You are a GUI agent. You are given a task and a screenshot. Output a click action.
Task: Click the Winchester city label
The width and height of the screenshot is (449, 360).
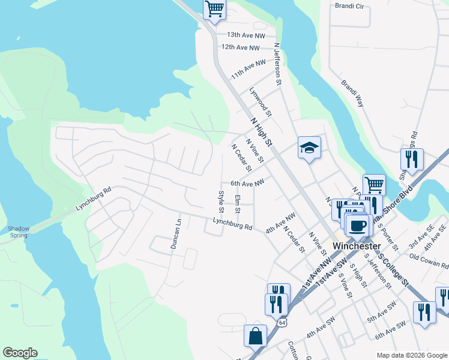pos(357,246)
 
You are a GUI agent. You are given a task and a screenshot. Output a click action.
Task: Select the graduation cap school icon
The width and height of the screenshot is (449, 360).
pos(309,148)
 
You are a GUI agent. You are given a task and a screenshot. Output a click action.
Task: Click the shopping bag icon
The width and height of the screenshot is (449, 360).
pos(255,336)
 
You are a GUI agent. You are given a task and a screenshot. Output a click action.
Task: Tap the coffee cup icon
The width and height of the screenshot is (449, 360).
pos(358,225)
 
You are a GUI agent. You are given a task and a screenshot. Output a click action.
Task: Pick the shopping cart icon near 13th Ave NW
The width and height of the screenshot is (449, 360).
pos(214,10)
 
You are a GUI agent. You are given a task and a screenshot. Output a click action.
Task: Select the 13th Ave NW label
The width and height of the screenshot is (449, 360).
pos(243,35)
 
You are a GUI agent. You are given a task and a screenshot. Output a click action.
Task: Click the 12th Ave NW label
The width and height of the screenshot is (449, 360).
pos(240,47)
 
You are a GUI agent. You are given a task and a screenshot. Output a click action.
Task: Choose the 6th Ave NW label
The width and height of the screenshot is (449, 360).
pos(247,184)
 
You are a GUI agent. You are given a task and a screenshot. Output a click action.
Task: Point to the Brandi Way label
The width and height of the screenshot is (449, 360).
pos(352,94)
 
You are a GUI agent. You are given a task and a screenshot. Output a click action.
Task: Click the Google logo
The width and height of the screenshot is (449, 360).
pos(20,353)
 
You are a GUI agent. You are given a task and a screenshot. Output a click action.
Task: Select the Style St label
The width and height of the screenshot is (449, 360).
pos(221,202)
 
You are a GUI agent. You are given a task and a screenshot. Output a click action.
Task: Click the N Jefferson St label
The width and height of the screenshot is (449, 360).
pos(277,63)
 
